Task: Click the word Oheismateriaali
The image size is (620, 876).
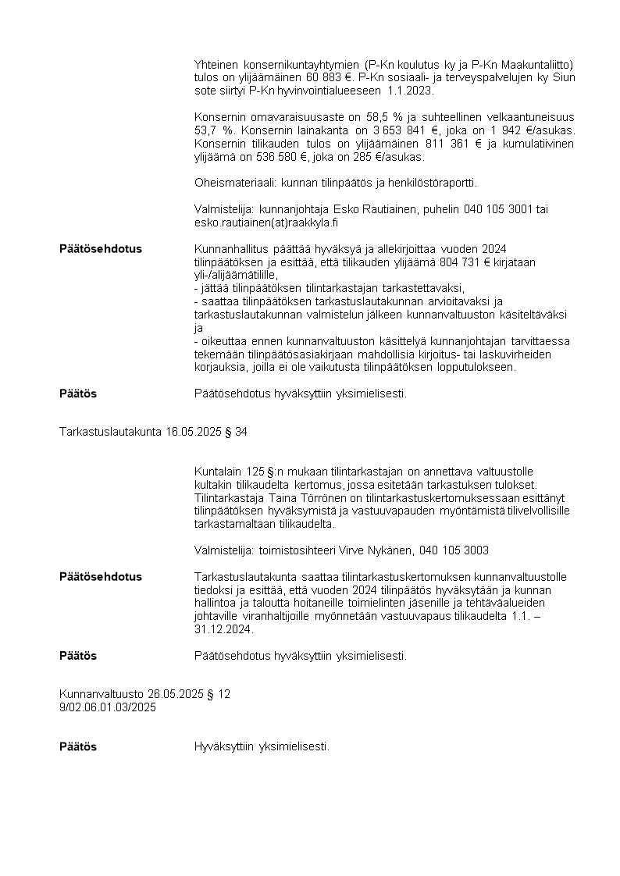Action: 233,183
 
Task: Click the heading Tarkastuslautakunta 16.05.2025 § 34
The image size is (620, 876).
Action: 153,432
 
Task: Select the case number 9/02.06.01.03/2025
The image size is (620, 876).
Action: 108,707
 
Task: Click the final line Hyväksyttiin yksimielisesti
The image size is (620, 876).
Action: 262,747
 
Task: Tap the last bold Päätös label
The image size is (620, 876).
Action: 78,747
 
